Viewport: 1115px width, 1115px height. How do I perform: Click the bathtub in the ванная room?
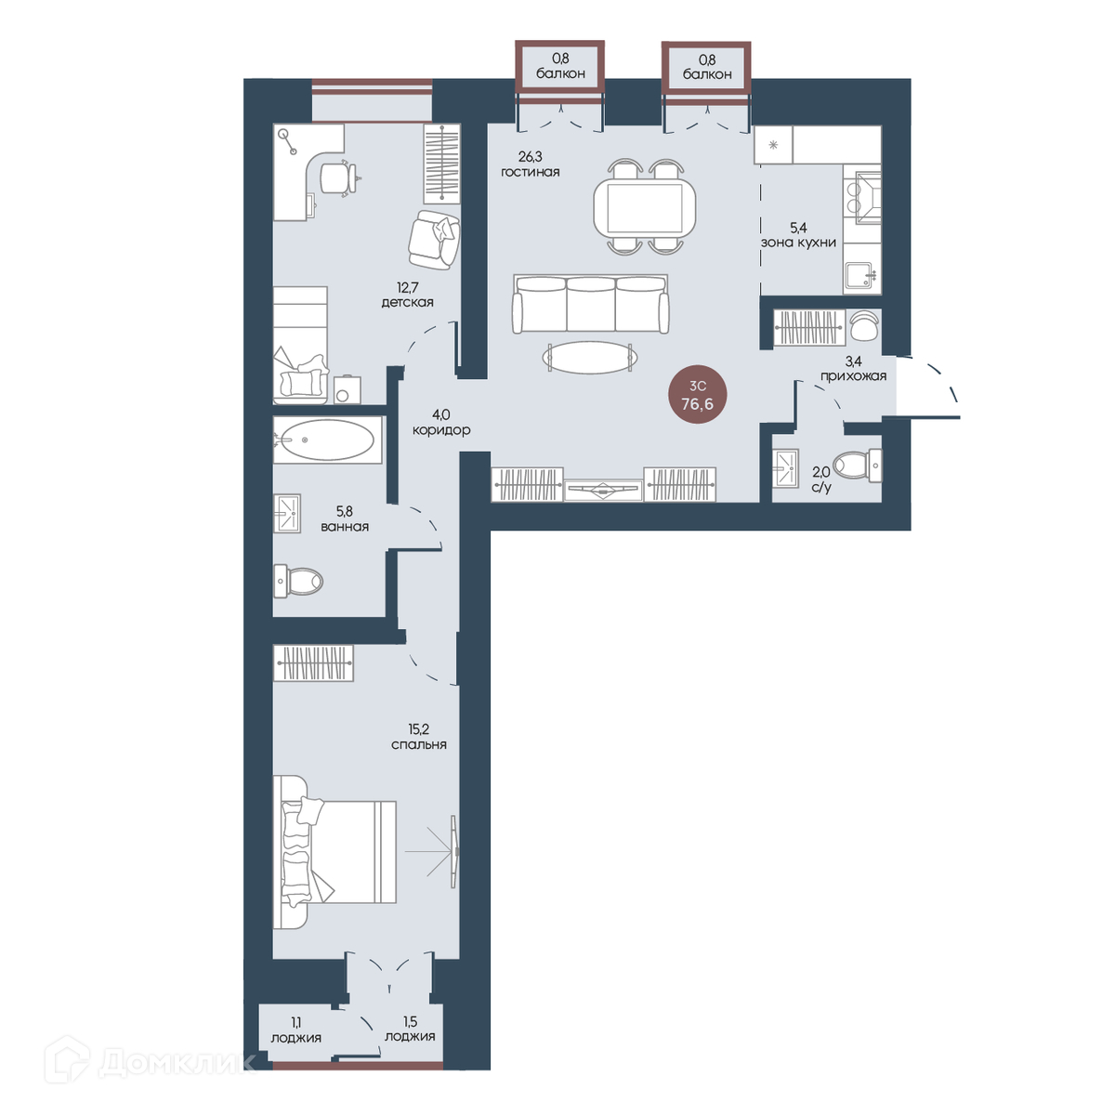coord(327,439)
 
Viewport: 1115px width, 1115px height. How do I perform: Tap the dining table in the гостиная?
coord(645,207)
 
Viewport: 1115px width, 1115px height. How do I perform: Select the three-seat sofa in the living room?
coord(590,304)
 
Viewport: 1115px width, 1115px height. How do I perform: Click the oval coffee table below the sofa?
coord(590,358)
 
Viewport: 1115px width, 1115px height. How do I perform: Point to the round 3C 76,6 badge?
coord(697,395)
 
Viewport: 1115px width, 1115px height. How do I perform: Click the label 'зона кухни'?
coord(798,243)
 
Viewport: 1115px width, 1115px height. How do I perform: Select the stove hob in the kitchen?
coord(861,196)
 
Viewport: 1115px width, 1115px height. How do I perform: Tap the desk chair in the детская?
coord(338,178)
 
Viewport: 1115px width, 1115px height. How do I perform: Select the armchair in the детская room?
coord(434,240)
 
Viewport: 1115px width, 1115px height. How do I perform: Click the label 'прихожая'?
coord(854,376)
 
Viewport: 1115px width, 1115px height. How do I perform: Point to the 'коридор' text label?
coord(441,430)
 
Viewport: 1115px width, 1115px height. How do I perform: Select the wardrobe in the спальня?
coord(313,662)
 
